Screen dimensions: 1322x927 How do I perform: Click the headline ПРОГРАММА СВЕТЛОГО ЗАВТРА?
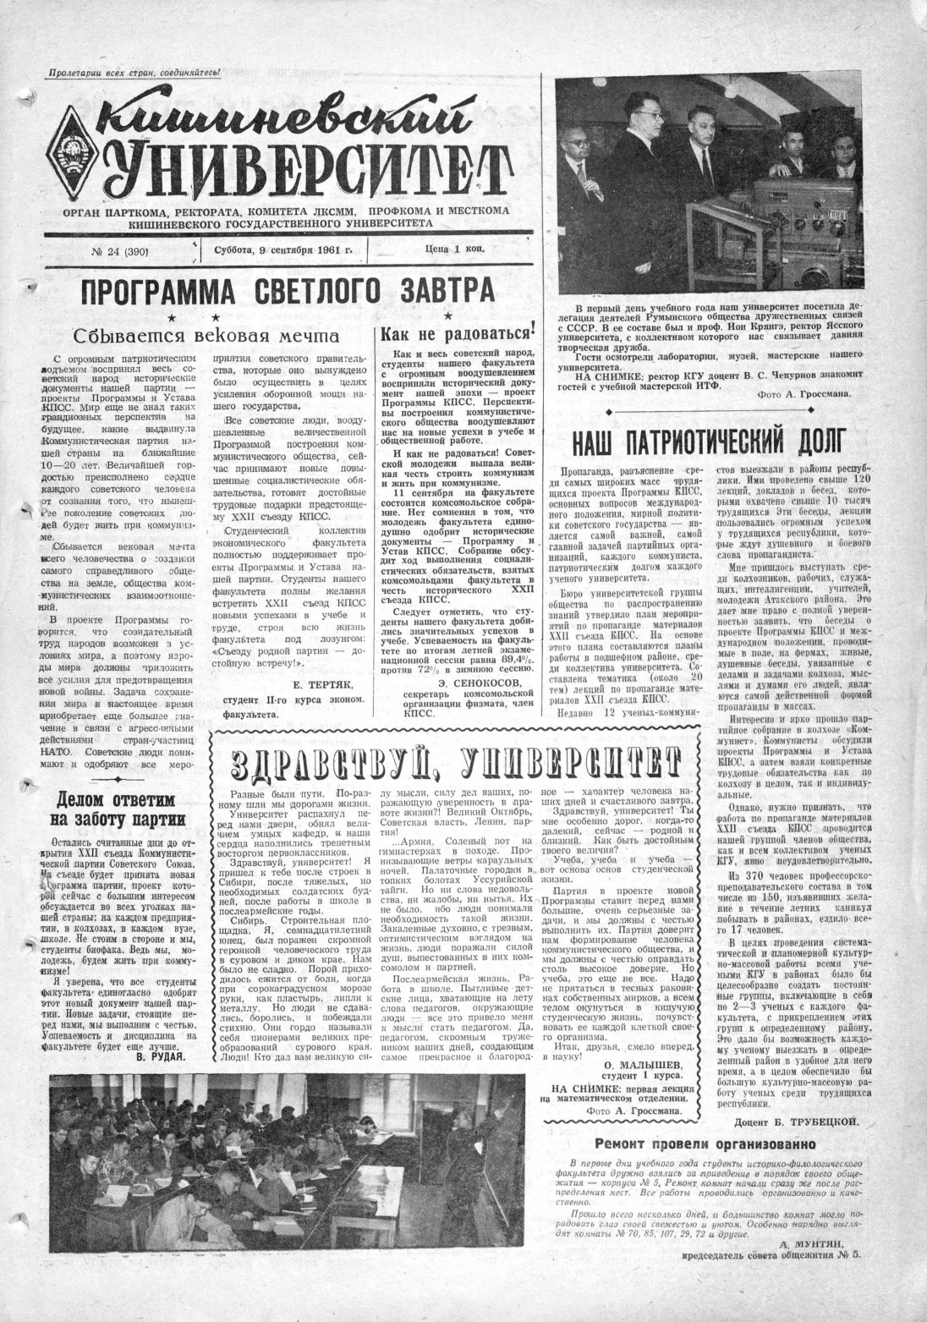pos(287,293)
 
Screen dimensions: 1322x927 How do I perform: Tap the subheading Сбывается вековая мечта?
pos(200,335)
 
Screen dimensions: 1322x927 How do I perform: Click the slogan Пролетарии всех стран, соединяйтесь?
pos(134,74)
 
